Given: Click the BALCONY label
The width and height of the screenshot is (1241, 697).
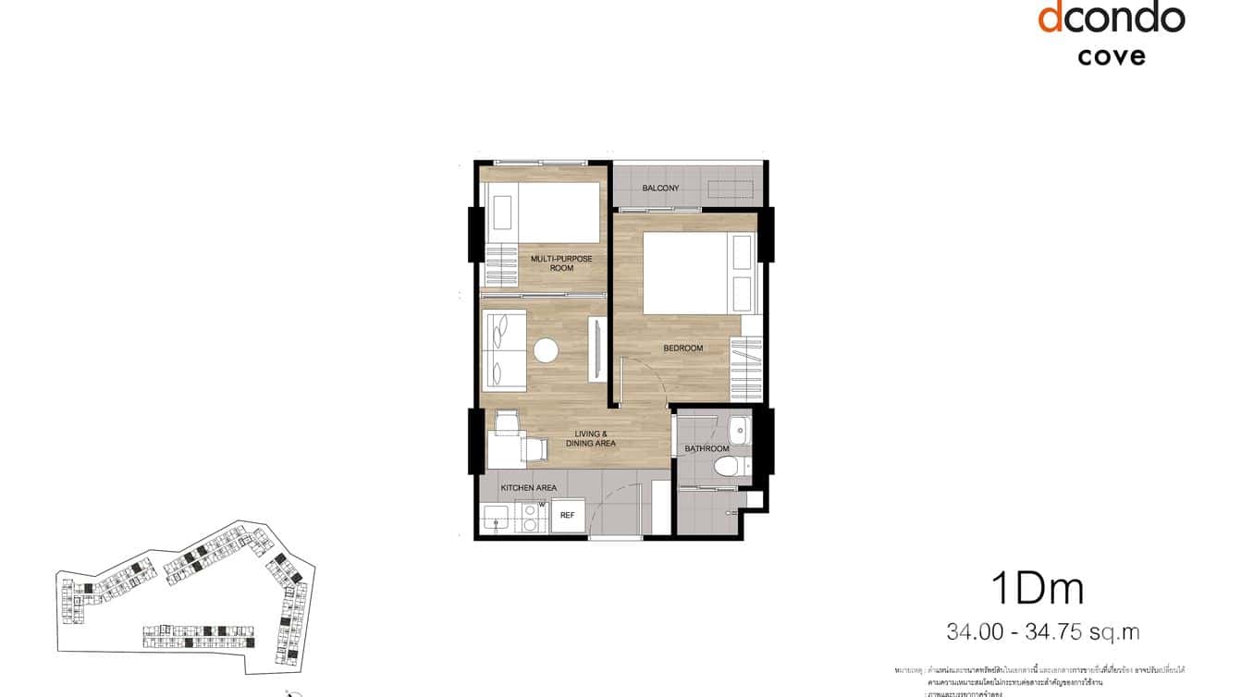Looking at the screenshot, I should click(x=660, y=189).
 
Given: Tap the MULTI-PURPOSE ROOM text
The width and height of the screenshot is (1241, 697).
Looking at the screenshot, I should click(x=561, y=263).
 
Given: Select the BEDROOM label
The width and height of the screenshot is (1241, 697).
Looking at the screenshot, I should click(x=682, y=348).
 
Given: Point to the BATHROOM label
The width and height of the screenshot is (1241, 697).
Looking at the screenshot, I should click(x=707, y=449).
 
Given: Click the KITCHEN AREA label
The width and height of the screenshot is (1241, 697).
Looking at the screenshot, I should click(x=528, y=487).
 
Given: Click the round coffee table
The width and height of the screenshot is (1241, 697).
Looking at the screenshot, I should click(x=546, y=350).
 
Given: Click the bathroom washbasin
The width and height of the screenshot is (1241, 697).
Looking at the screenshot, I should click(x=738, y=431).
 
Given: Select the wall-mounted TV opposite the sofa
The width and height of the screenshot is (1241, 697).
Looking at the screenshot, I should click(x=596, y=349).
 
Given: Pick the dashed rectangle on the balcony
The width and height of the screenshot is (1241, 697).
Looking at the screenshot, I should click(x=731, y=189).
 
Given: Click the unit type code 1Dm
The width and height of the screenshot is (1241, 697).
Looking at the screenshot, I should click(x=1037, y=588).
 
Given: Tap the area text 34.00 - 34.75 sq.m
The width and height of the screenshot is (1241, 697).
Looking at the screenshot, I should click(x=1043, y=632).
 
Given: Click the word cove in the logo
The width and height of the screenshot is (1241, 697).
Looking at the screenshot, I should click(x=1111, y=55).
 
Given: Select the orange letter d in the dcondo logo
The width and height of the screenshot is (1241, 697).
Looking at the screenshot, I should click(x=1051, y=18).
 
